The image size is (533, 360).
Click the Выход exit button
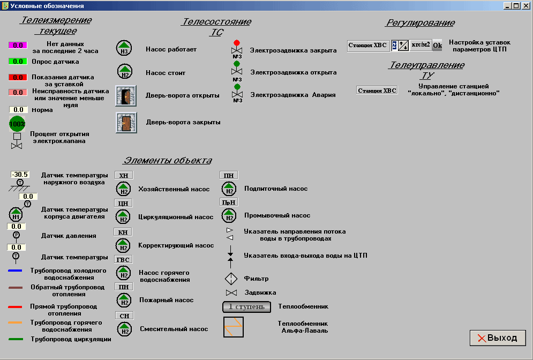pos(498,338)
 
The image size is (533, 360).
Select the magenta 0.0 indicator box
pos(18,46)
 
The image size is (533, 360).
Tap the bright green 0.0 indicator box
pos(18,61)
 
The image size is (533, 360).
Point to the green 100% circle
pos(17,124)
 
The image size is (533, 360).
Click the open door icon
pos(126,96)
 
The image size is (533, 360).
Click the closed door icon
pos(126,123)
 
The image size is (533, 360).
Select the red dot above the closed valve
pos(236,43)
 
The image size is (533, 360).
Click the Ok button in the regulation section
pos(437,46)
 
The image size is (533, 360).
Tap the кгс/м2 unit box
pos(421,45)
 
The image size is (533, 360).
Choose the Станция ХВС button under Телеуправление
pos(377,90)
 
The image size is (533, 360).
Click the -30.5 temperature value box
pos(20,175)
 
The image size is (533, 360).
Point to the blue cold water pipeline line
pos(15,271)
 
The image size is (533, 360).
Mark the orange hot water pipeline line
pos(15,322)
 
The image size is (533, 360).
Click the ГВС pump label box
pos(124,259)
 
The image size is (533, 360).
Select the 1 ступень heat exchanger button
pos(243,307)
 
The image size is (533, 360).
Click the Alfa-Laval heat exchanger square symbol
pos(234,327)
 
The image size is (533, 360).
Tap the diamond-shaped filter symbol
pos(230,279)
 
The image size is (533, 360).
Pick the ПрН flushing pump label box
pos(229,202)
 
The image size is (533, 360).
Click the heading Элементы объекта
pos(168,161)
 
